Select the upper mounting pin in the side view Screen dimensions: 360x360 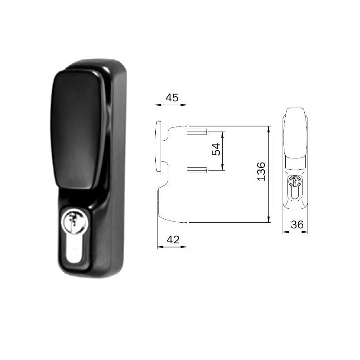197,131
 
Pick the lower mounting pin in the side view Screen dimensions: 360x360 197,170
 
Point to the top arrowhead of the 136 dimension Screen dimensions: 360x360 269,129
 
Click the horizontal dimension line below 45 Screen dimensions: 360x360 171,105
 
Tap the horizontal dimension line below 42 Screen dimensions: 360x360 171,247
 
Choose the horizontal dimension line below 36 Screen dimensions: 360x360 295,232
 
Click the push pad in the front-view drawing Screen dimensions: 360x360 295,135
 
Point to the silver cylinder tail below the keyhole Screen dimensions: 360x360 74,252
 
